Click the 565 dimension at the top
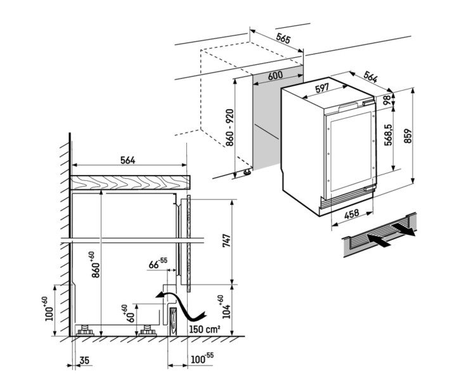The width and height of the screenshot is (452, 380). [283, 39]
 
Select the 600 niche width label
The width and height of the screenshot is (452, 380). [274, 75]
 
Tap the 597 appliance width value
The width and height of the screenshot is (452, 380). [322, 88]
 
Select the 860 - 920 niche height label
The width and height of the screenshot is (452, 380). [229, 129]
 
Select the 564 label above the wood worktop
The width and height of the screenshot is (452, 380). [127, 161]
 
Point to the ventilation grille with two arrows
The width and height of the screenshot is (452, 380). [379, 238]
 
